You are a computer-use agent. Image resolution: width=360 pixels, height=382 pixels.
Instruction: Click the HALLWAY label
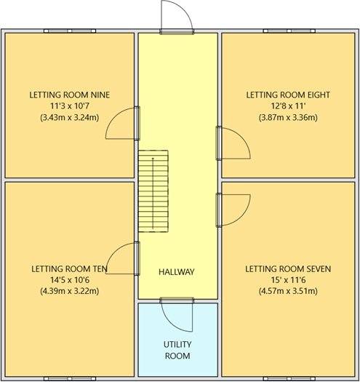(x=177, y=272)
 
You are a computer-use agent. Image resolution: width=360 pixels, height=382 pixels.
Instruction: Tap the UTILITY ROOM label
(x=177, y=350)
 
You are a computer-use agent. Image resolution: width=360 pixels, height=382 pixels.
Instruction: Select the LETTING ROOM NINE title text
(x=69, y=95)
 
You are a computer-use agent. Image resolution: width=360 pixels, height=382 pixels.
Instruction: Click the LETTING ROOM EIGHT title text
(x=288, y=95)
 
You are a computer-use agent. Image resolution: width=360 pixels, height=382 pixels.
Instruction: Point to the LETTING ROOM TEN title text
(x=69, y=268)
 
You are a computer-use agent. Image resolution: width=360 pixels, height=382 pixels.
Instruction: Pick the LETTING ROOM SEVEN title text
(x=288, y=268)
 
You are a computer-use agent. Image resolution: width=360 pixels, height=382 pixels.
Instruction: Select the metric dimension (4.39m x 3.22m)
(x=69, y=291)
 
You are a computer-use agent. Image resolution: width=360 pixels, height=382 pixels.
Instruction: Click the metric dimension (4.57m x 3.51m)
(x=288, y=291)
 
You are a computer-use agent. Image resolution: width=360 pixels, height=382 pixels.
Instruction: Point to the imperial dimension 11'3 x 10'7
(x=69, y=106)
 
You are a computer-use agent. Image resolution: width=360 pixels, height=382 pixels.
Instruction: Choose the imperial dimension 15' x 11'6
(x=288, y=280)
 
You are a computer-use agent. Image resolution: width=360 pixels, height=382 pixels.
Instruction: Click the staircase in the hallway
(x=153, y=192)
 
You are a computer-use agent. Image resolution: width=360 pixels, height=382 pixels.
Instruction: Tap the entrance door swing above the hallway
(x=175, y=16)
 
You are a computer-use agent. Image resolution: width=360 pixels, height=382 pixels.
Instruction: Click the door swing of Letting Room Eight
(x=234, y=143)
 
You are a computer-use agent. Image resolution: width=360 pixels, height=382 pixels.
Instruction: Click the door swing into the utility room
(x=176, y=314)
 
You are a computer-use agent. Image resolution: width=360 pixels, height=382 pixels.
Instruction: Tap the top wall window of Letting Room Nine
(x=69, y=31)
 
